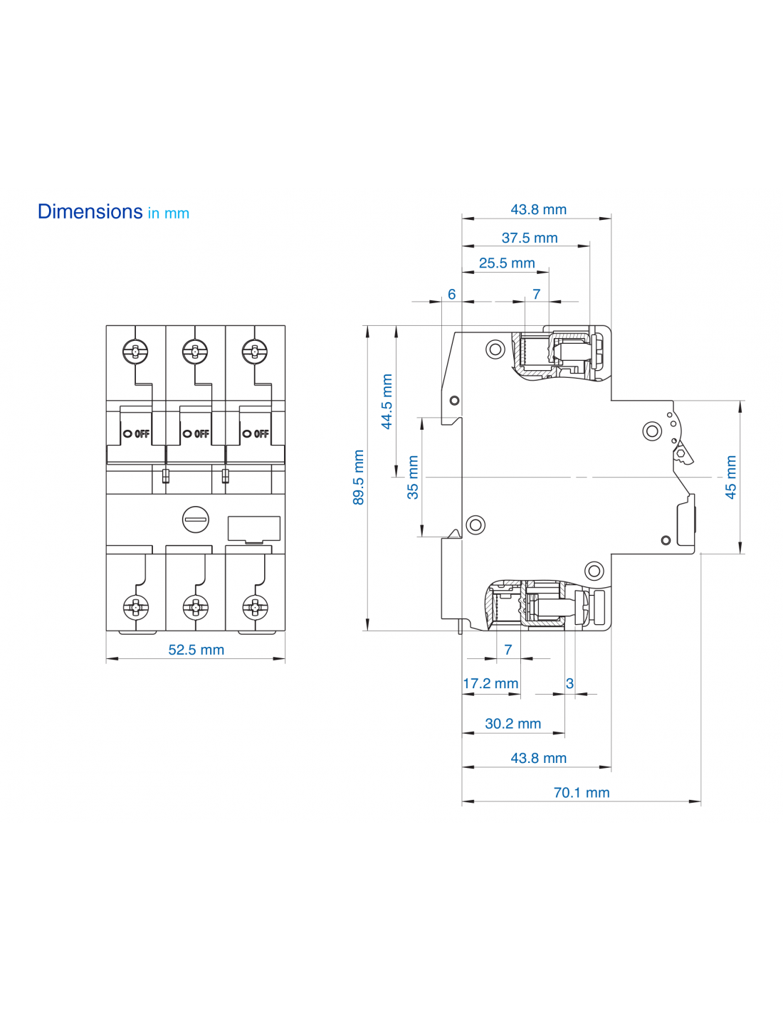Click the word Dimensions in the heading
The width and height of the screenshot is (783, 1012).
pos(90,211)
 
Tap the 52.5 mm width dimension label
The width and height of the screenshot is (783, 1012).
pos(196,650)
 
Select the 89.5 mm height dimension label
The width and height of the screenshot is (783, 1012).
pos(359,478)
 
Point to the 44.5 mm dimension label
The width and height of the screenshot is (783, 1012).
pos(387,401)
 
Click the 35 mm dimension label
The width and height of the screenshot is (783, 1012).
pos(413,478)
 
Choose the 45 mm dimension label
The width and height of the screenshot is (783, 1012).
pos(730,478)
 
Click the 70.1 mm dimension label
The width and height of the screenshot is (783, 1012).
pos(582,793)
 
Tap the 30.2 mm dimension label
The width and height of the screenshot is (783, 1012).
pos(513,724)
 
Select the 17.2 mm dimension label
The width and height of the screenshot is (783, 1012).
pos(490,684)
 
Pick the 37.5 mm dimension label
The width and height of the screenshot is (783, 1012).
pos(530,238)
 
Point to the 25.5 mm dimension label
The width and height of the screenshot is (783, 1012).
pos(507,263)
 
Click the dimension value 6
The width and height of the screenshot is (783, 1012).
pos(451,295)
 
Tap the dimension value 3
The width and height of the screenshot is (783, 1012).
pos(569,684)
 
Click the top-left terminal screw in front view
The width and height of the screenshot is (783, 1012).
pos(135,351)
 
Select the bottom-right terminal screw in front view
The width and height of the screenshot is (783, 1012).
pos(255,607)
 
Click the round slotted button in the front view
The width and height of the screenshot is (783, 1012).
pos(196,520)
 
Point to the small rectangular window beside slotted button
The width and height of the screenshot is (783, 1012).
pos(253,529)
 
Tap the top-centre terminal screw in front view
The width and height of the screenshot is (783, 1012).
pos(195,351)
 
